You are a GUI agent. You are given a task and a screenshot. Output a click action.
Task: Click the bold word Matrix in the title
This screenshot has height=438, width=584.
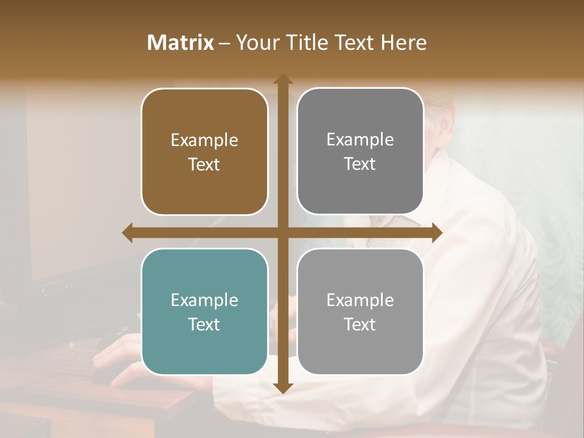(x=181, y=43)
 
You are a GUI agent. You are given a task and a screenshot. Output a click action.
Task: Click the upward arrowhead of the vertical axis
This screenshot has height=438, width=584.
(x=283, y=80)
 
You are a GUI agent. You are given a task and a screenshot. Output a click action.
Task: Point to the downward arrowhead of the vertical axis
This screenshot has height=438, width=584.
(x=283, y=388)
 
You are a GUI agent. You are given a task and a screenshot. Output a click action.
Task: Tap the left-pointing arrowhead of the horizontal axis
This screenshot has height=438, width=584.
(x=128, y=232)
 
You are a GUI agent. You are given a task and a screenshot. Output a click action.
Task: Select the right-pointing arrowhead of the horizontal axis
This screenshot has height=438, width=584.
(x=437, y=232)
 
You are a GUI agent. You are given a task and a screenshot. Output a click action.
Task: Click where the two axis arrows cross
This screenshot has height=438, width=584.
(x=283, y=232)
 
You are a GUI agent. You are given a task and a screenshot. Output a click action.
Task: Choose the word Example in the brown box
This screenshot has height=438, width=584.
(x=204, y=141)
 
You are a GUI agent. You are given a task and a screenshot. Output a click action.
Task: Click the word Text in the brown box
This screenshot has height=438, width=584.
(x=204, y=164)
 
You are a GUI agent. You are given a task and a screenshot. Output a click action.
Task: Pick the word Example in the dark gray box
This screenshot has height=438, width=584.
(x=360, y=140)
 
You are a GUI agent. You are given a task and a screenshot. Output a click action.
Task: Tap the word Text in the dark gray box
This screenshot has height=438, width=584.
(x=360, y=164)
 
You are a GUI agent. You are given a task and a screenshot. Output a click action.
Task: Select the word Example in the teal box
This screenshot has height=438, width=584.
(x=204, y=301)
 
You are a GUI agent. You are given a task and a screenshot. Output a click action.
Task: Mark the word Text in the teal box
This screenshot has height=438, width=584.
(x=204, y=324)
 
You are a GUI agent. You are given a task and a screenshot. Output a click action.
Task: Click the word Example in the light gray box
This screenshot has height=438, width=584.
(x=360, y=301)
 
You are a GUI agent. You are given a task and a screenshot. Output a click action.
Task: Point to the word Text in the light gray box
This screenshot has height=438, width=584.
(x=360, y=324)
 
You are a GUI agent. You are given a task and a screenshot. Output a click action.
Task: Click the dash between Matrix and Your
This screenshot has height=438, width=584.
(x=224, y=43)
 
